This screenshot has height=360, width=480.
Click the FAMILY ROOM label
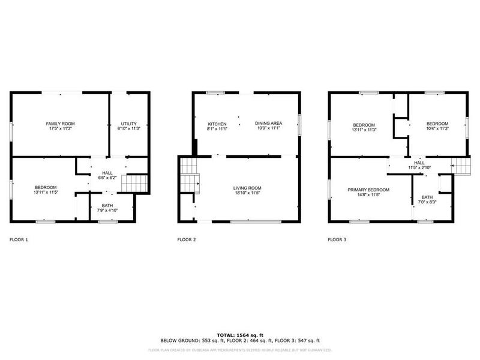click(x=60, y=124)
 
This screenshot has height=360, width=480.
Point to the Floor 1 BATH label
click(x=107, y=206)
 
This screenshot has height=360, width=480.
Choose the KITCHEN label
click(x=217, y=124)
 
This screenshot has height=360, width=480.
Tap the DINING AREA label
click(x=268, y=124)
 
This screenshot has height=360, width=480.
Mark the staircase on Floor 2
click(x=190, y=175)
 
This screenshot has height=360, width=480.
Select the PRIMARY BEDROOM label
click(x=368, y=190)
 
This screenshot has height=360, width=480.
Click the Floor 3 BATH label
click(x=427, y=197)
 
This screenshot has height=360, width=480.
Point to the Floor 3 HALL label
click(x=419, y=163)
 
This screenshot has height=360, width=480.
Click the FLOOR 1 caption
click(x=19, y=239)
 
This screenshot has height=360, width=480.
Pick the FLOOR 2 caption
click(x=187, y=239)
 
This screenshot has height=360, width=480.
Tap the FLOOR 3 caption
click(x=337, y=239)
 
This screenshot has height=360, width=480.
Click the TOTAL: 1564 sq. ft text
click(x=240, y=335)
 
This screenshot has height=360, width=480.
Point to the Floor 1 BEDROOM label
click(x=46, y=188)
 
